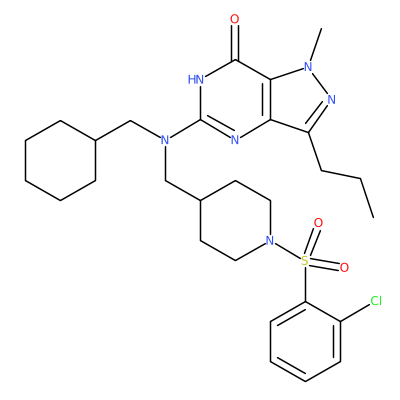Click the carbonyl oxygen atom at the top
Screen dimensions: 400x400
pyautogui.click(x=235, y=19)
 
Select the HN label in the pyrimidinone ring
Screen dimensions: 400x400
pyautogui.click(x=196, y=80)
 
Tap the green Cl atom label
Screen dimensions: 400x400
pyautogui.click(x=376, y=301)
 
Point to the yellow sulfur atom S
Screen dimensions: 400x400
pyautogui.click(x=305, y=261)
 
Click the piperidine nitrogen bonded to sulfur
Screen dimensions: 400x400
pyautogui.click(x=270, y=240)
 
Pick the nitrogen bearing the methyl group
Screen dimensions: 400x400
pyautogui.click(x=308, y=66)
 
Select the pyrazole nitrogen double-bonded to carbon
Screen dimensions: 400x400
pyautogui.click(x=331, y=99)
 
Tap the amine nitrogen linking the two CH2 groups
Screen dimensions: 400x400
pyautogui.click(x=165, y=140)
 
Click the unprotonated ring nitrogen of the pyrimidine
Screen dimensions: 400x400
pyautogui.click(x=235, y=140)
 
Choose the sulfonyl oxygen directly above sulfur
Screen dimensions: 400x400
pyautogui.click(x=318, y=223)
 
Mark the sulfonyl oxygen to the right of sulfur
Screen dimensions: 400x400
pyautogui.click(x=344, y=267)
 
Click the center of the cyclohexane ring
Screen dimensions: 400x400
pyautogui.click(x=60, y=160)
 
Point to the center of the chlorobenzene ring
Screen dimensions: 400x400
pyautogui.click(x=305, y=342)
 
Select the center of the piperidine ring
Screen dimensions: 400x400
pyautogui.click(x=235, y=220)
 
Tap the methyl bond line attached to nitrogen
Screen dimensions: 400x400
pyautogui.click(x=316, y=45)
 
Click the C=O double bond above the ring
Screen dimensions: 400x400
pyautogui.click(x=235, y=43)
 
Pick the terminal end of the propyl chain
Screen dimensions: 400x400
pyautogui.click(x=373, y=218)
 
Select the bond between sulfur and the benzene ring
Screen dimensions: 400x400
pyautogui.click(x=305, y=284)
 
